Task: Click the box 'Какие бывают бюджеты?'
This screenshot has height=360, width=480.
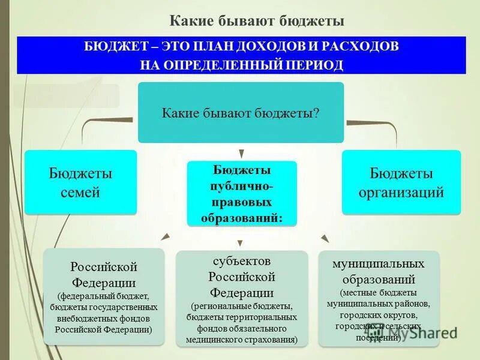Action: pyautogui.click(x=241, y=113)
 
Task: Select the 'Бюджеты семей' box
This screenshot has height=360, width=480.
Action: pyautogui.click(x=80, y=182)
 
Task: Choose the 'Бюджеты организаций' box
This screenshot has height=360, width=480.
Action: pyautogui.click(x=401, y=182)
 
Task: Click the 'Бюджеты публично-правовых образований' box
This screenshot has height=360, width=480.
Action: pyautogui.click(x=242, y=193)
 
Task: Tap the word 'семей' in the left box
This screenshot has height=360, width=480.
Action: pyautogui.click(x=80, y=193)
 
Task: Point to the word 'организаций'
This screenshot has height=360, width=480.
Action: pyautogui.click(x=401, y=193)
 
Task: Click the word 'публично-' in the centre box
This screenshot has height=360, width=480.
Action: pyautogui.click(x=242, y=186)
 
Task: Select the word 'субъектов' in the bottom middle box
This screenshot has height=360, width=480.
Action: pyautogui.click(x=242, y=262)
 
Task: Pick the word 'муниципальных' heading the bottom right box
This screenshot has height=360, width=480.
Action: pyautogui.click(x=379, y=264)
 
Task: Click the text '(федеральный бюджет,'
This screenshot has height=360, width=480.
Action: pyautogui.click(x=103, y=296)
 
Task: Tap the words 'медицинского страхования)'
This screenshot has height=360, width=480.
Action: pyautogui.click(x=242, y=339)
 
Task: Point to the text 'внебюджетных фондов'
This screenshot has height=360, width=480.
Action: pyautogui.click(x=103, y=319)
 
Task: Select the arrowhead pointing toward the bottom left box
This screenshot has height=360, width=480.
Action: pyautogui.click(x=166, y=237)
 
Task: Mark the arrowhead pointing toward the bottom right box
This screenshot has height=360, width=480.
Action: pyautogui.click(x=325, y=238)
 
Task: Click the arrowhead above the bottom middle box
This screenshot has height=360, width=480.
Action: pyautogui.click(x=240, y=243)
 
